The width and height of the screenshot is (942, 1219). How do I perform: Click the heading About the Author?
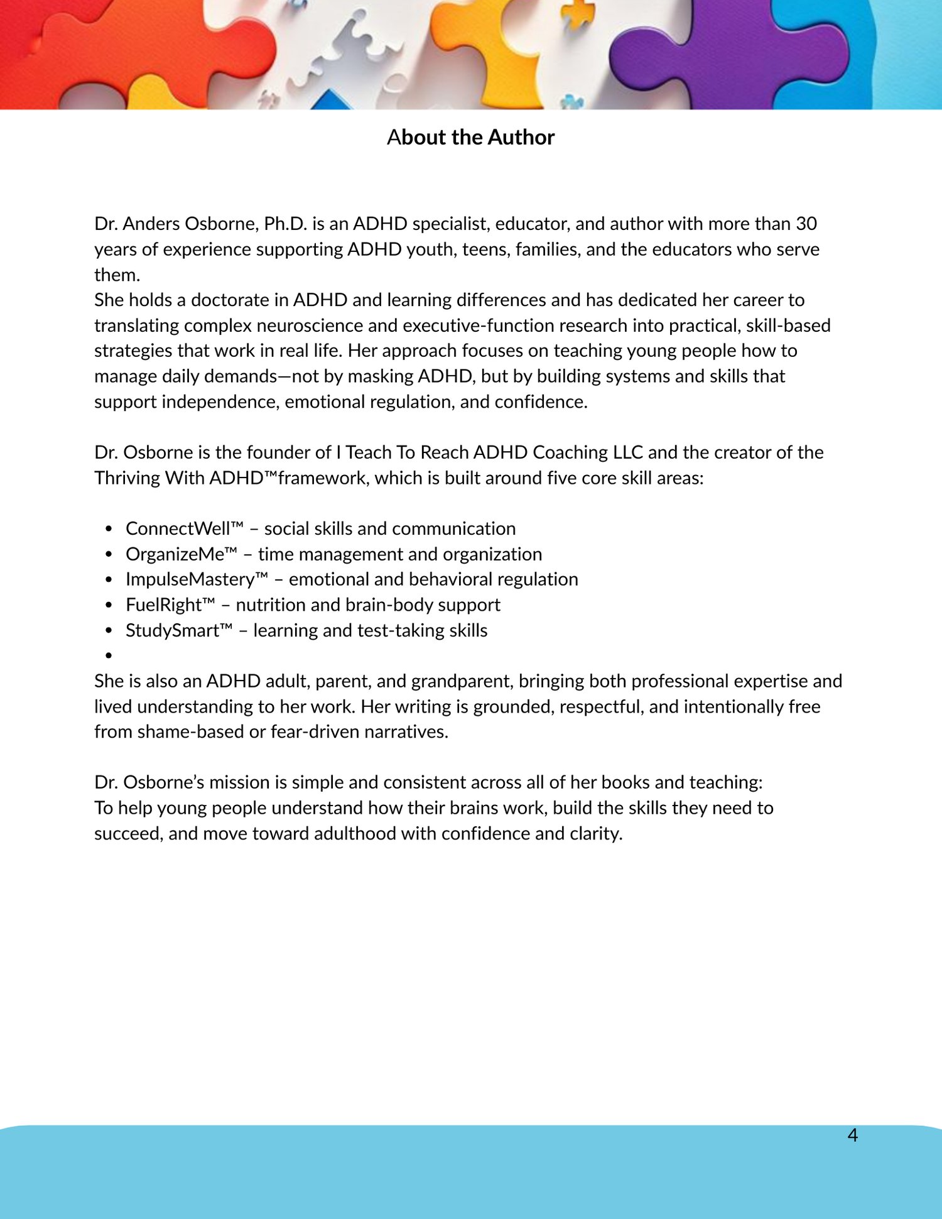[x=470, y=137]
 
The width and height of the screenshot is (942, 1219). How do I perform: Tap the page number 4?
[x=852, y=1135]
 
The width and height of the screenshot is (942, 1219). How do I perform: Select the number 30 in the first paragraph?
[x=806, y=224]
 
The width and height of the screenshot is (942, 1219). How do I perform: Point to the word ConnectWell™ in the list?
[x=184, y=528]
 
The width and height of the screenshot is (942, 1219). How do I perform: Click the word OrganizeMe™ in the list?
[x=181, y=554]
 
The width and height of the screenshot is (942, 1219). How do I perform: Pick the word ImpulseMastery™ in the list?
[x=197, y=579]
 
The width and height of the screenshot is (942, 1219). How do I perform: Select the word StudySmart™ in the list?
[x=179, y=630]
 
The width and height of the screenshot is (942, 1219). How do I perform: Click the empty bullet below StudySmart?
[x=109, y=655]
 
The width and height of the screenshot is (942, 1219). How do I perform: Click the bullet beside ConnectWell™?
[x=109, y=528]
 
